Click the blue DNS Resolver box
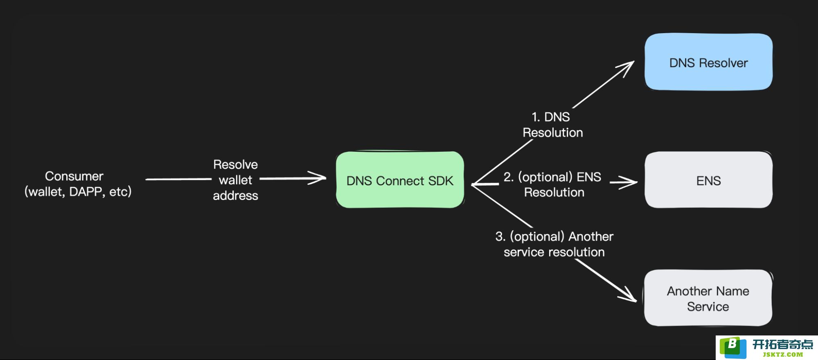point(708,62)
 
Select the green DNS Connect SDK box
point(400,180)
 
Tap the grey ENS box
point(708,180)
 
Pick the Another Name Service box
point(708,298)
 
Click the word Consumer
point(74,176)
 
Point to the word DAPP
point(86,192)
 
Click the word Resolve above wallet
point(235,164)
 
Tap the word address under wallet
point(235,196)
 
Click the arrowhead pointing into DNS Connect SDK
point(318,178)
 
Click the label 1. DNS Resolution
point(552,125)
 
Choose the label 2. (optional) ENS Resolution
point(553,184)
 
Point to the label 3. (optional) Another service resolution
point(554,244)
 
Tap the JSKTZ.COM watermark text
point(783,355)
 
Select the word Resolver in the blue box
point(723,63)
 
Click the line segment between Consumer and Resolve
point(178,179)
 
